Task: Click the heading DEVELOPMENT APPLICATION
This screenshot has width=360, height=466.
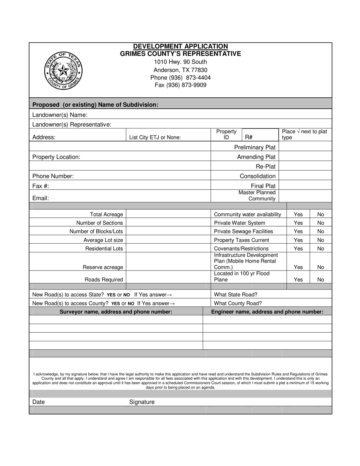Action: (180, 46)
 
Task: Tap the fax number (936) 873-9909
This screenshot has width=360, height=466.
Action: (180, 85)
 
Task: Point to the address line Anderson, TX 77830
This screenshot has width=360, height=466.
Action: (180, 70)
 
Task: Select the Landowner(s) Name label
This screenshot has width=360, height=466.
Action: (60, 115)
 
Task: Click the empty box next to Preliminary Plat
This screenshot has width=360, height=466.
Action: (305, 147)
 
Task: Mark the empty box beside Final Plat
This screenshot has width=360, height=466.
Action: (305, 186)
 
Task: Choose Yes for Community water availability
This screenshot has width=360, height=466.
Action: (298, 214)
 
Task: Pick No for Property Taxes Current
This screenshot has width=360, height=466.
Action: (321, 240)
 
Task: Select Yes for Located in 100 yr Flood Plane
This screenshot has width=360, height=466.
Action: (298, 280)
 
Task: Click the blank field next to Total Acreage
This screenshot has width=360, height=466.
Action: (168, 214)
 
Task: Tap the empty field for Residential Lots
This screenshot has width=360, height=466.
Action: (168, 249)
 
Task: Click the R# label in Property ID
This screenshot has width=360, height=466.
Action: (249, 138)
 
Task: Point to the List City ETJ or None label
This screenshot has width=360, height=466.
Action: (155, 138)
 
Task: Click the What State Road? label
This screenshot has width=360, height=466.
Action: (236, 294)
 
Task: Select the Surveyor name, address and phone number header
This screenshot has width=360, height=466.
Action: (116, 312)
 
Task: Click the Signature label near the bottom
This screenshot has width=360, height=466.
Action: (142, 402)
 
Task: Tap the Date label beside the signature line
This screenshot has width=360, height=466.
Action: (38, 402)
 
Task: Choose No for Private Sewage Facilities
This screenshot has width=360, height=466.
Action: (321, 231)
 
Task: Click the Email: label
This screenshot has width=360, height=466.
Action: (41, 198)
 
